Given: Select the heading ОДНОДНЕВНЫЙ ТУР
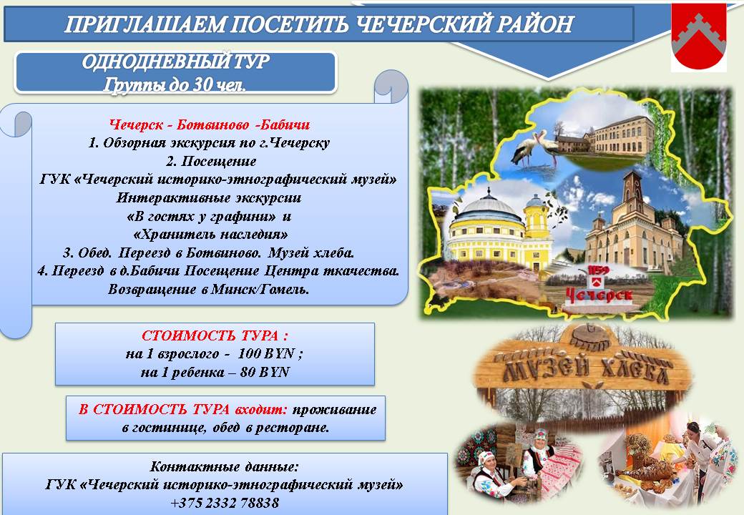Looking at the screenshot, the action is click(x=175, y=62).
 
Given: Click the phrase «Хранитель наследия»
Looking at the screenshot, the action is click(x=210, y=235).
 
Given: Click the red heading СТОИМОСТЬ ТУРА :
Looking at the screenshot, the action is click(x=215, y=335).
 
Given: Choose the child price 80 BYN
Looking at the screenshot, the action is click(x=265, y=372).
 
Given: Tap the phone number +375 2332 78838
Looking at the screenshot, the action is click(x=225, y=503).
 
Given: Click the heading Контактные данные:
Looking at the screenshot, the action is click(x=225, y=466).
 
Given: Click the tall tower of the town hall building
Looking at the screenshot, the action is click(x=633, y=199).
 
